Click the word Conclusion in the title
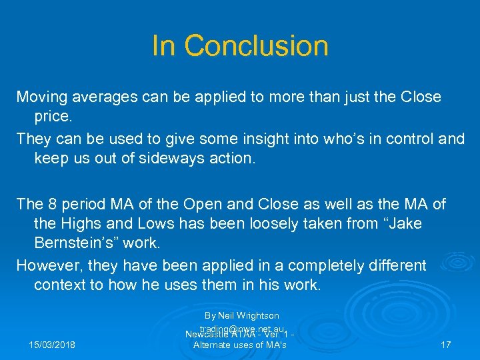(x=256, y=46)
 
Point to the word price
(x=51, y=116)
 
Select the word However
(x=47, y=265)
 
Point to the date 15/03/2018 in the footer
(x=52, y=345)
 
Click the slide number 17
(x=446, y=345)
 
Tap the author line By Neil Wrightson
(x=241, y=315)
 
